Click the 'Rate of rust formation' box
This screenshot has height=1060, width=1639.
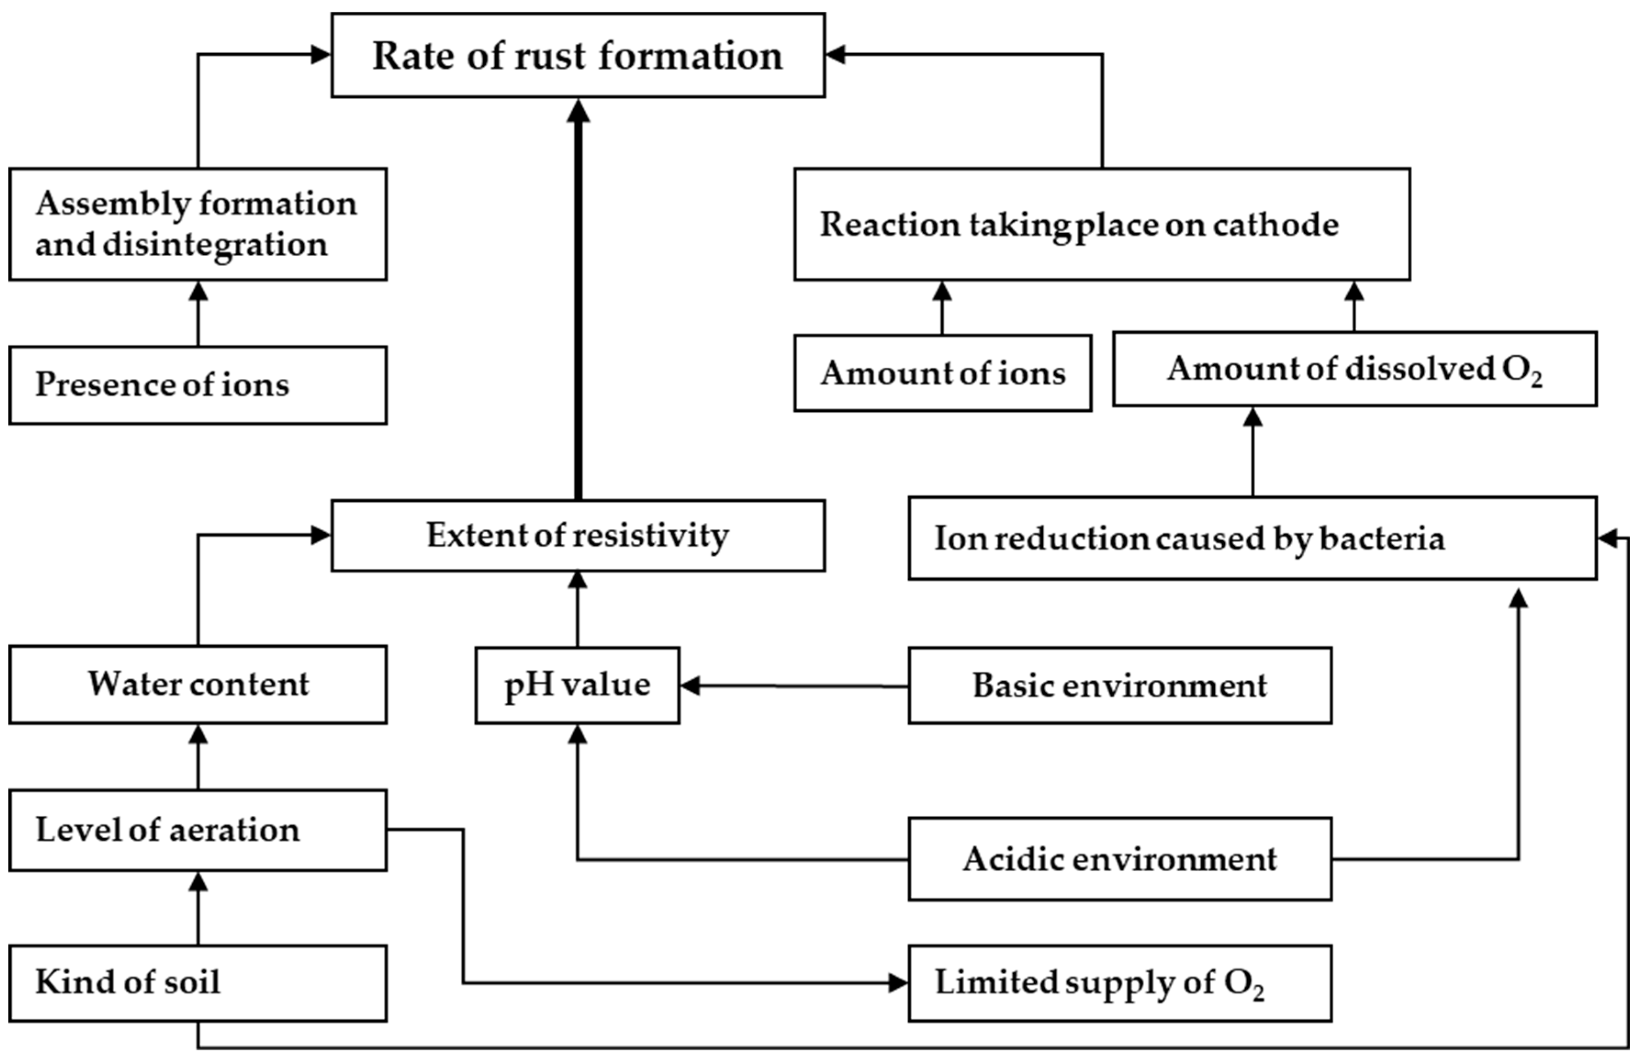coord(577,55)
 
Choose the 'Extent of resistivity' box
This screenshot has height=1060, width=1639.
coord(577,535)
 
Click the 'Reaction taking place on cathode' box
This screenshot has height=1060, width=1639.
coord(1102,224)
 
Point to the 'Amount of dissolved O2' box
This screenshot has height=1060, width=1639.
coord(1354,369)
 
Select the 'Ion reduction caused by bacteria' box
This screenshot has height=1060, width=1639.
coord(1252,538)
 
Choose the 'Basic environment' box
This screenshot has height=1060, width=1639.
coord(1119,685)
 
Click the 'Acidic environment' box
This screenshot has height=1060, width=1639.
coord(1119,858)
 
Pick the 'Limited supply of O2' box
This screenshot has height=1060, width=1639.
coord(1119,982)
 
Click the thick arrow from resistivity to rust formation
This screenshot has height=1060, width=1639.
coord(578,303)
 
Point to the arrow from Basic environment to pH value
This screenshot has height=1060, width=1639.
coord(791,685)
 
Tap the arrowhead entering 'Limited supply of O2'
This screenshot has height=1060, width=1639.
coord(897,983)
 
